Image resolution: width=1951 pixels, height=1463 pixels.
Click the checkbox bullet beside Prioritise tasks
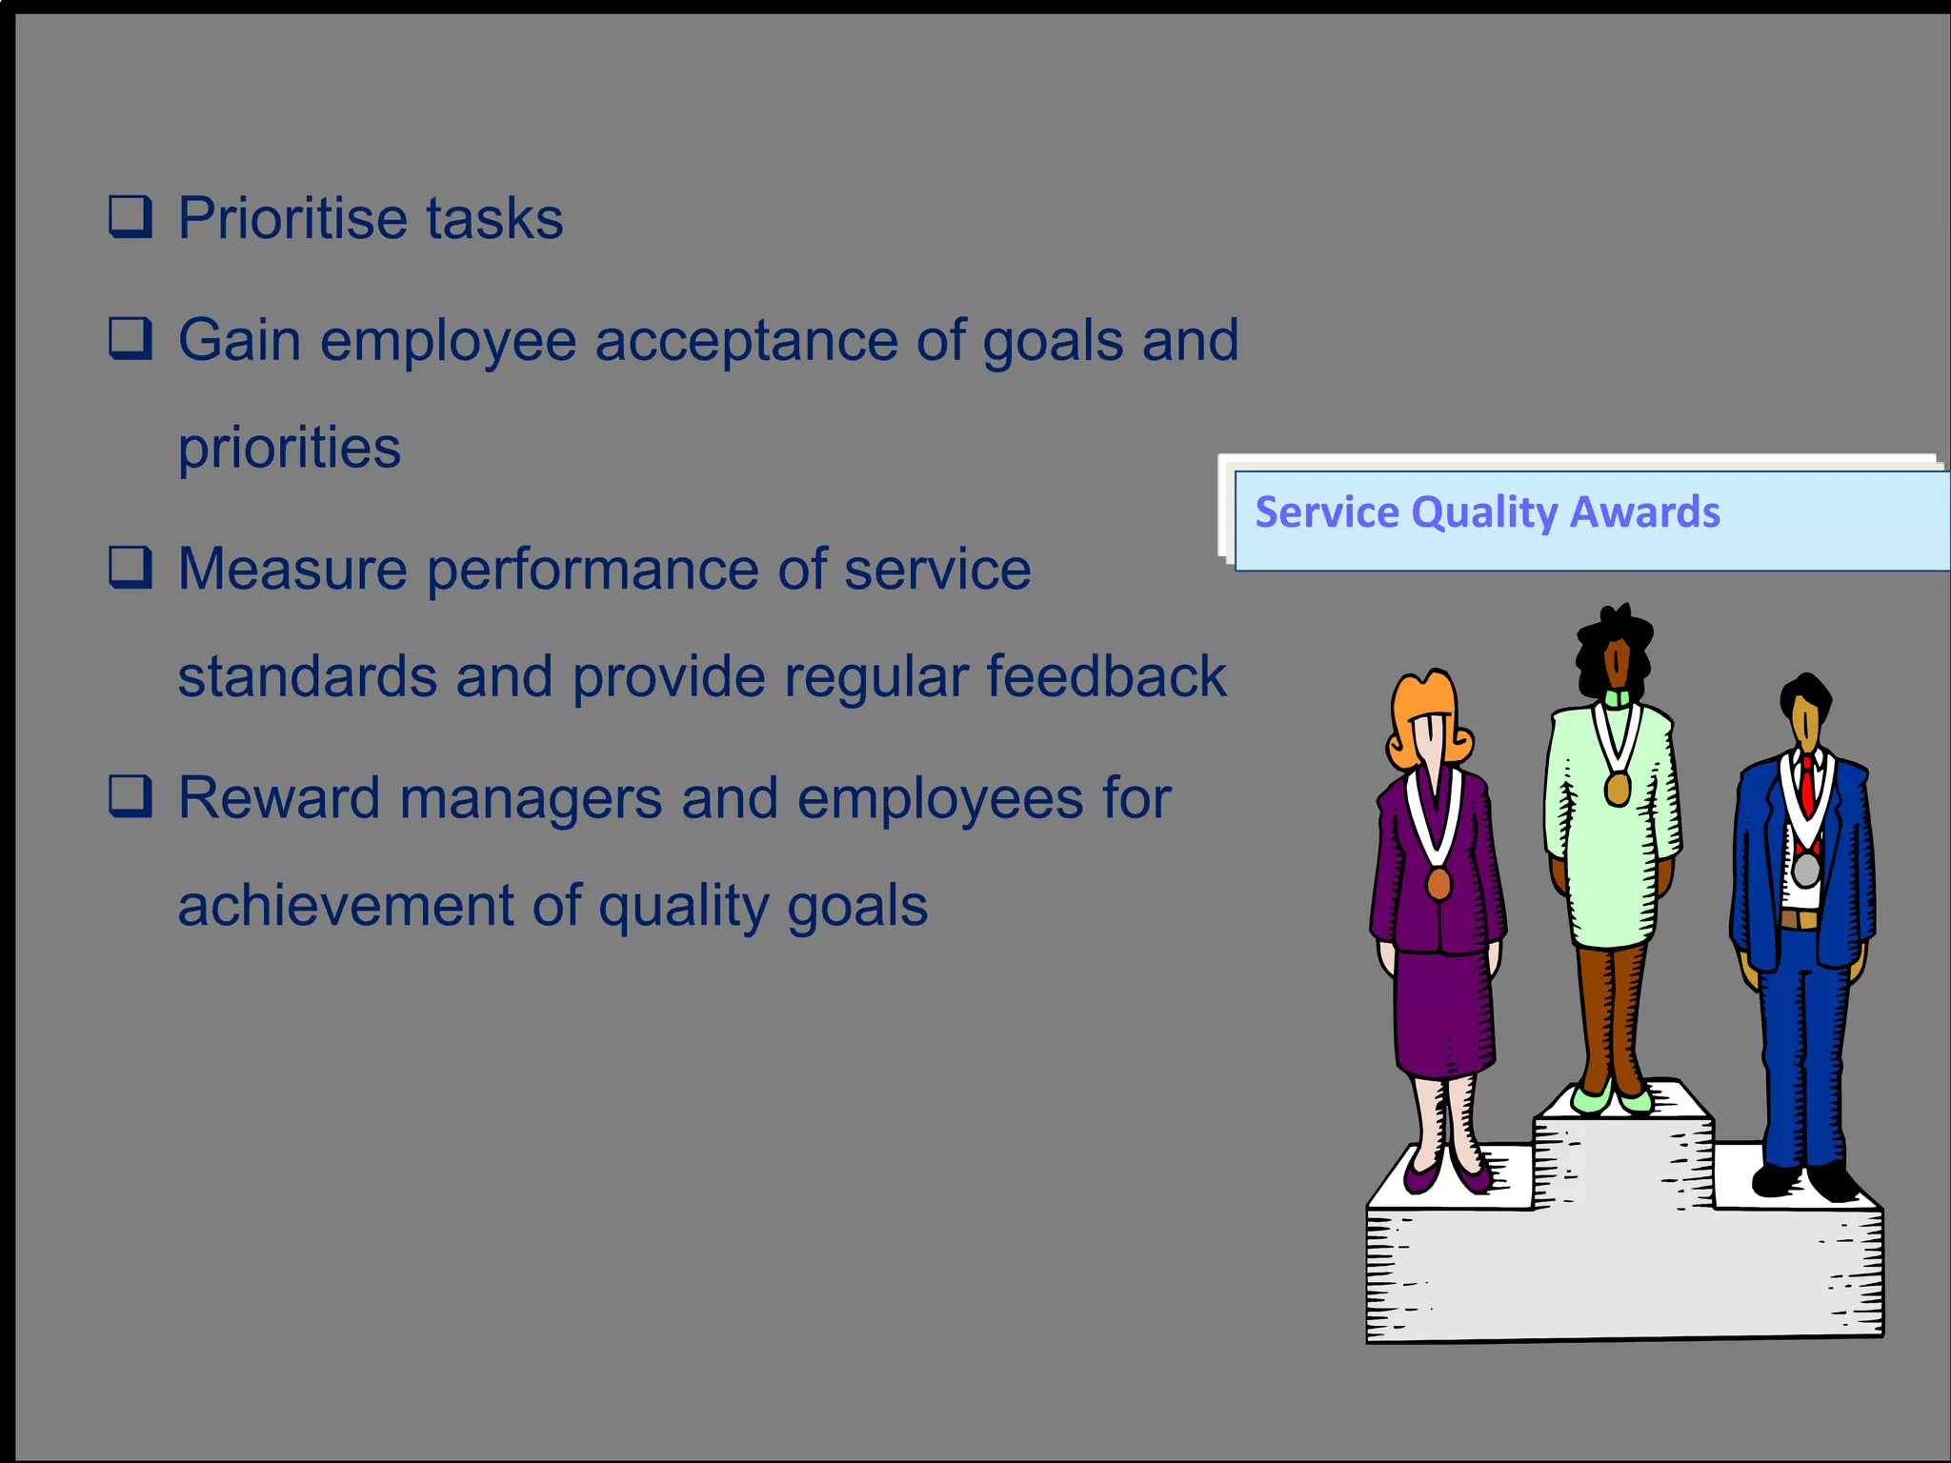(130, 217)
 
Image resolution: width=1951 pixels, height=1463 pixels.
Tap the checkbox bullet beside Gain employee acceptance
(130, 339)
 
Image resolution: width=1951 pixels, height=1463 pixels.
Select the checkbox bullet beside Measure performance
(130, 568)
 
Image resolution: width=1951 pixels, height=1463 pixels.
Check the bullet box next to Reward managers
(130, 796)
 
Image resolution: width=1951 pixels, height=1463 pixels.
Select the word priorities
(289, 448)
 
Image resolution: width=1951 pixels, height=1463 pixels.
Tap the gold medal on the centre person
(1617, 789)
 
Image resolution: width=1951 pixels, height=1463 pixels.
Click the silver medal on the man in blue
(1805, 870)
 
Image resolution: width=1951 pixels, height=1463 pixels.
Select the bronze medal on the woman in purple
(1438, 884)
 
